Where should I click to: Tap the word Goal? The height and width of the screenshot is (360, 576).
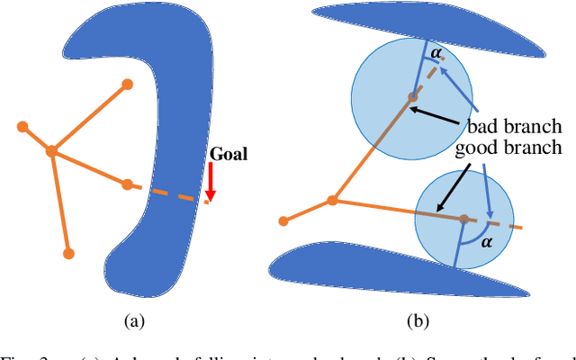(229, 154)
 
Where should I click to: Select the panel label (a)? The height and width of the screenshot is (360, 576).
(133, 320)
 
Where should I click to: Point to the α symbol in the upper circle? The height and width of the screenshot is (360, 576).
(436, 55)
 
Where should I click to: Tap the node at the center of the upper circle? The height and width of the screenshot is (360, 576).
(412, 96)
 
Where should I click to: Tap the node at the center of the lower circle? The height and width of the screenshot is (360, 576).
(463, 218)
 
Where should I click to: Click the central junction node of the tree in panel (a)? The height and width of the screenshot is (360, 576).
(52, 151)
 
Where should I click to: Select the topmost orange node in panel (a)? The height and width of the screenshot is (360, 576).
(128, 85)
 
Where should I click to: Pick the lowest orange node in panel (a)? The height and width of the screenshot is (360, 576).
(68, 254)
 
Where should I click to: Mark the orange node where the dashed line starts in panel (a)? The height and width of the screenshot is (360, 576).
(128, 184)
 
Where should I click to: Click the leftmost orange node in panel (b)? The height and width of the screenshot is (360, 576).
(283, 220)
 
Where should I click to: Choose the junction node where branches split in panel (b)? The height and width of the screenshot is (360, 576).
(333, 200)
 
